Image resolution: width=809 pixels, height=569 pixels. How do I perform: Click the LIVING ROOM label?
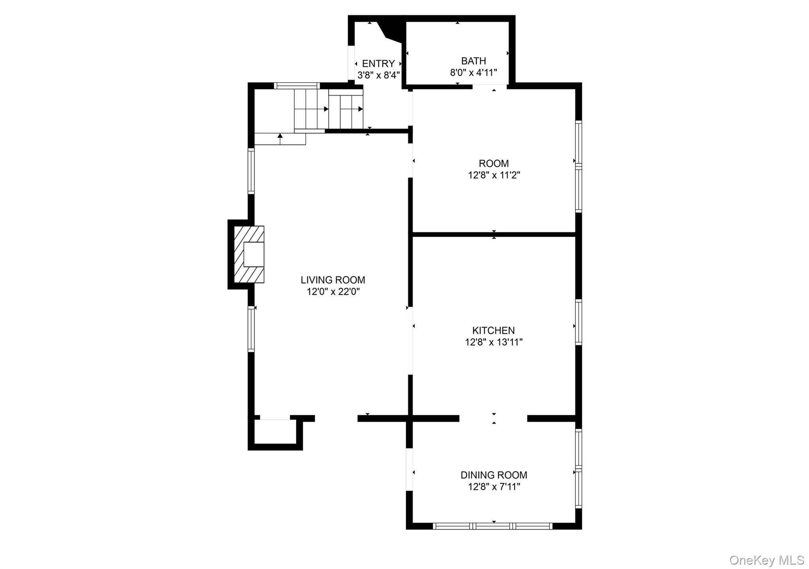(x=333, y=280)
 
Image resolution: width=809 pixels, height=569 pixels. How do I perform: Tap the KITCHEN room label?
(x=493, y=330)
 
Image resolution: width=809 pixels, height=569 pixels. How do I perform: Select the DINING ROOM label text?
(x=494, y=475)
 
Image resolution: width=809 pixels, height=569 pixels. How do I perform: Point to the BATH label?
(x=474, y=61)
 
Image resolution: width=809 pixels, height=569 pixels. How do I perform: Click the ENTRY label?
(x=378, y=63)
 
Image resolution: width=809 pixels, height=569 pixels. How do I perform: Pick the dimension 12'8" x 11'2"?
(x=494, y=175)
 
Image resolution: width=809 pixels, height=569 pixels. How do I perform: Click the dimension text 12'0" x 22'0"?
(x=333, y=292)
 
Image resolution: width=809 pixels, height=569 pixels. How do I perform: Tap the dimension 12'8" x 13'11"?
(x=494, y=342)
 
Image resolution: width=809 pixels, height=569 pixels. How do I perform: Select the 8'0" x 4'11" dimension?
(x=474, y=73)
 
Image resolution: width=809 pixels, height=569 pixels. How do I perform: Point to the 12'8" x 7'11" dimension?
(x=494, y=487)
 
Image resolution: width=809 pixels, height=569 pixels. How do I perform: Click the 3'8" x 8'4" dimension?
(x=379, y=75)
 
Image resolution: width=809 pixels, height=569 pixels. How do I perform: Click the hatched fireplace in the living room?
(x=249, y=254)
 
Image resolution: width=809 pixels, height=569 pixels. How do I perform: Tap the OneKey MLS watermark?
(x=767, y=560)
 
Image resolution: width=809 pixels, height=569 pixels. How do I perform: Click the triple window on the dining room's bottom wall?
(x=493, y=526)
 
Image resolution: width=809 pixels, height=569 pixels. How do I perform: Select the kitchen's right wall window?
(x=578, y=322)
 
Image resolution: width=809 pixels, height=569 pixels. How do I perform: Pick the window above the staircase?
(x=297, y=85)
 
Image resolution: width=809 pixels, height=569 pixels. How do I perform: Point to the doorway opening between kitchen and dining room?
(x=493, y=418)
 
